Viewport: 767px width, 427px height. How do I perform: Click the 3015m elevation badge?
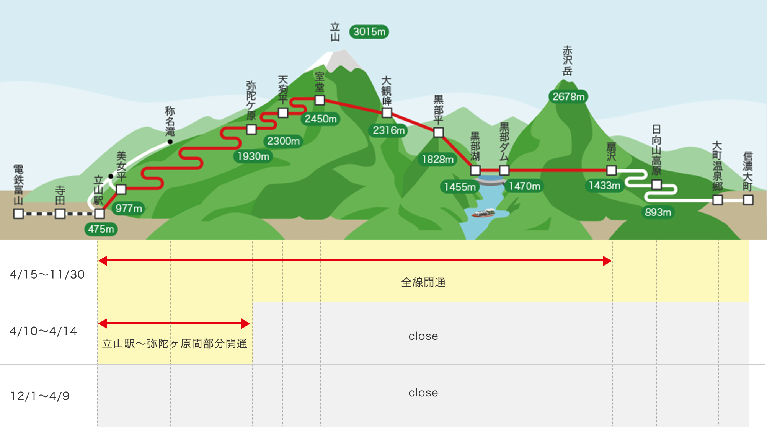[369, 32]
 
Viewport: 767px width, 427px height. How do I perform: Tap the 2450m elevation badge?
[321, 119]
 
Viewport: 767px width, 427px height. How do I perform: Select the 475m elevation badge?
[101, 229]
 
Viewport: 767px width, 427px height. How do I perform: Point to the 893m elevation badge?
[658, 212]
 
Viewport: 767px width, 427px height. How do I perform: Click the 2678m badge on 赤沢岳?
[568, 96]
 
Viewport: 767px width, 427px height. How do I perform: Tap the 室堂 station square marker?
[320, 100]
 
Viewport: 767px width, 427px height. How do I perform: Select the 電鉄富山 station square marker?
[18, 213]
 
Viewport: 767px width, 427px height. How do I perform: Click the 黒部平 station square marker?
[439, 132]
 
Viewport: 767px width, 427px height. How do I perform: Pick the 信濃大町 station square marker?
[748, 200]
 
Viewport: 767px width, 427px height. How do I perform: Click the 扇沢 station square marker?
[612, 170]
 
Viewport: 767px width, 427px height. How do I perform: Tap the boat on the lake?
[483, 213]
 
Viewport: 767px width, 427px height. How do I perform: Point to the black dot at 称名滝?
[170, 142]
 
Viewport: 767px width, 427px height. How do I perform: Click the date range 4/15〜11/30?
[47, 274]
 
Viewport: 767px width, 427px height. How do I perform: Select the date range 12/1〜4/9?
[40, 396]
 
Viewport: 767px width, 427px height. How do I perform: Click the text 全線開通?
[423, 282]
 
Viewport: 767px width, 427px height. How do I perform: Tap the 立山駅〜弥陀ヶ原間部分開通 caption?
[175, 344]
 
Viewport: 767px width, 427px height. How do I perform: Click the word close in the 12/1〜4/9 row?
[423, 393]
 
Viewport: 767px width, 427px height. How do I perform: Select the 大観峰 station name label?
[387, 91]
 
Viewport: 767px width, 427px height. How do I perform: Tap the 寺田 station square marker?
[60, 213]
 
